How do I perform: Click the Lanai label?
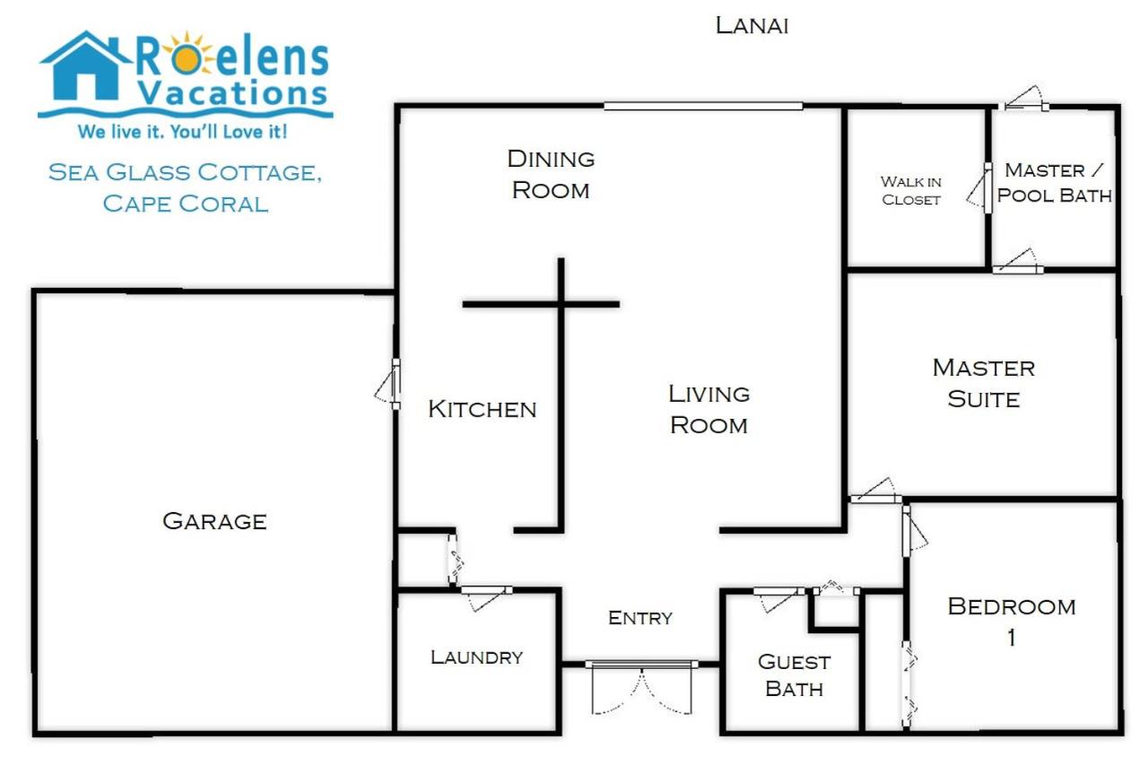(752, 26)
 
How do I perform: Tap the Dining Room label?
(551, 174)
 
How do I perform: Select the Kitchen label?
(483, 409)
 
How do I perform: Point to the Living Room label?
(709, 410)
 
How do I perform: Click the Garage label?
(214, 521)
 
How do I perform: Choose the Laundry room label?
(476, 657)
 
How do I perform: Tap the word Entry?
(640, 618)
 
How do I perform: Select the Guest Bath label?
(795, 675)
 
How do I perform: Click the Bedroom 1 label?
(1012, 622)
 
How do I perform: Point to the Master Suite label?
(984, 383)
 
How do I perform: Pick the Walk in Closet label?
(911, 191)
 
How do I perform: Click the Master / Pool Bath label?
(1054, 183)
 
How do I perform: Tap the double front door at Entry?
(641, 688)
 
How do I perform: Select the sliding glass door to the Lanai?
(703, 106)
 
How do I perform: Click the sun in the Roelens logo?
(187, 58)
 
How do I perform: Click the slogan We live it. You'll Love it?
(182, 132)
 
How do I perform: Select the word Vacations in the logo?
(232, 92)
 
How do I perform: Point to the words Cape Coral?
(186, 204)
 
